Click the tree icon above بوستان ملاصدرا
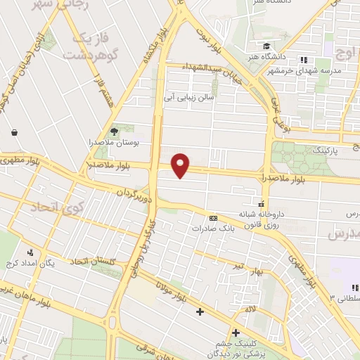(x=115, y=131)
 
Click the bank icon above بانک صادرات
(x=214, y=218)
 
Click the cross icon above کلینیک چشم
(x=236, y=332)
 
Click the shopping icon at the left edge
(x=14, y=131)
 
